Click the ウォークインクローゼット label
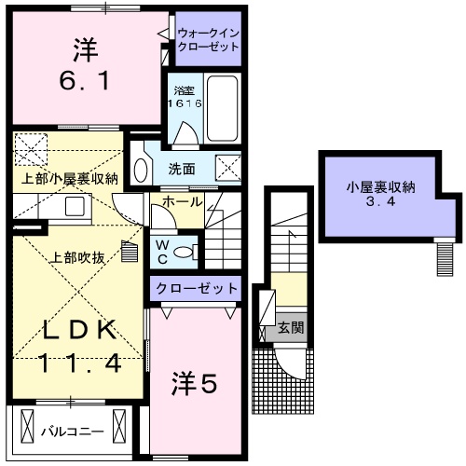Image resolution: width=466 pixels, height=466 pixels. [208, 40]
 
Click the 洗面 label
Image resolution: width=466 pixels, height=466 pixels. [181, 169]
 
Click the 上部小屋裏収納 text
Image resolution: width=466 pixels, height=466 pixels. [70, 177]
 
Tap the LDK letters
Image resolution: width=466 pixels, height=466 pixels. [79, 330]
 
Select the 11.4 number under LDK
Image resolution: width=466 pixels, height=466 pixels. [79, 363]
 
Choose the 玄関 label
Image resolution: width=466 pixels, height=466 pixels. [291, 329]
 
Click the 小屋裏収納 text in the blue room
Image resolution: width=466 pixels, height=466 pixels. [381, 186]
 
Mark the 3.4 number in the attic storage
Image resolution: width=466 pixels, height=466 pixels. [381, 203]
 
